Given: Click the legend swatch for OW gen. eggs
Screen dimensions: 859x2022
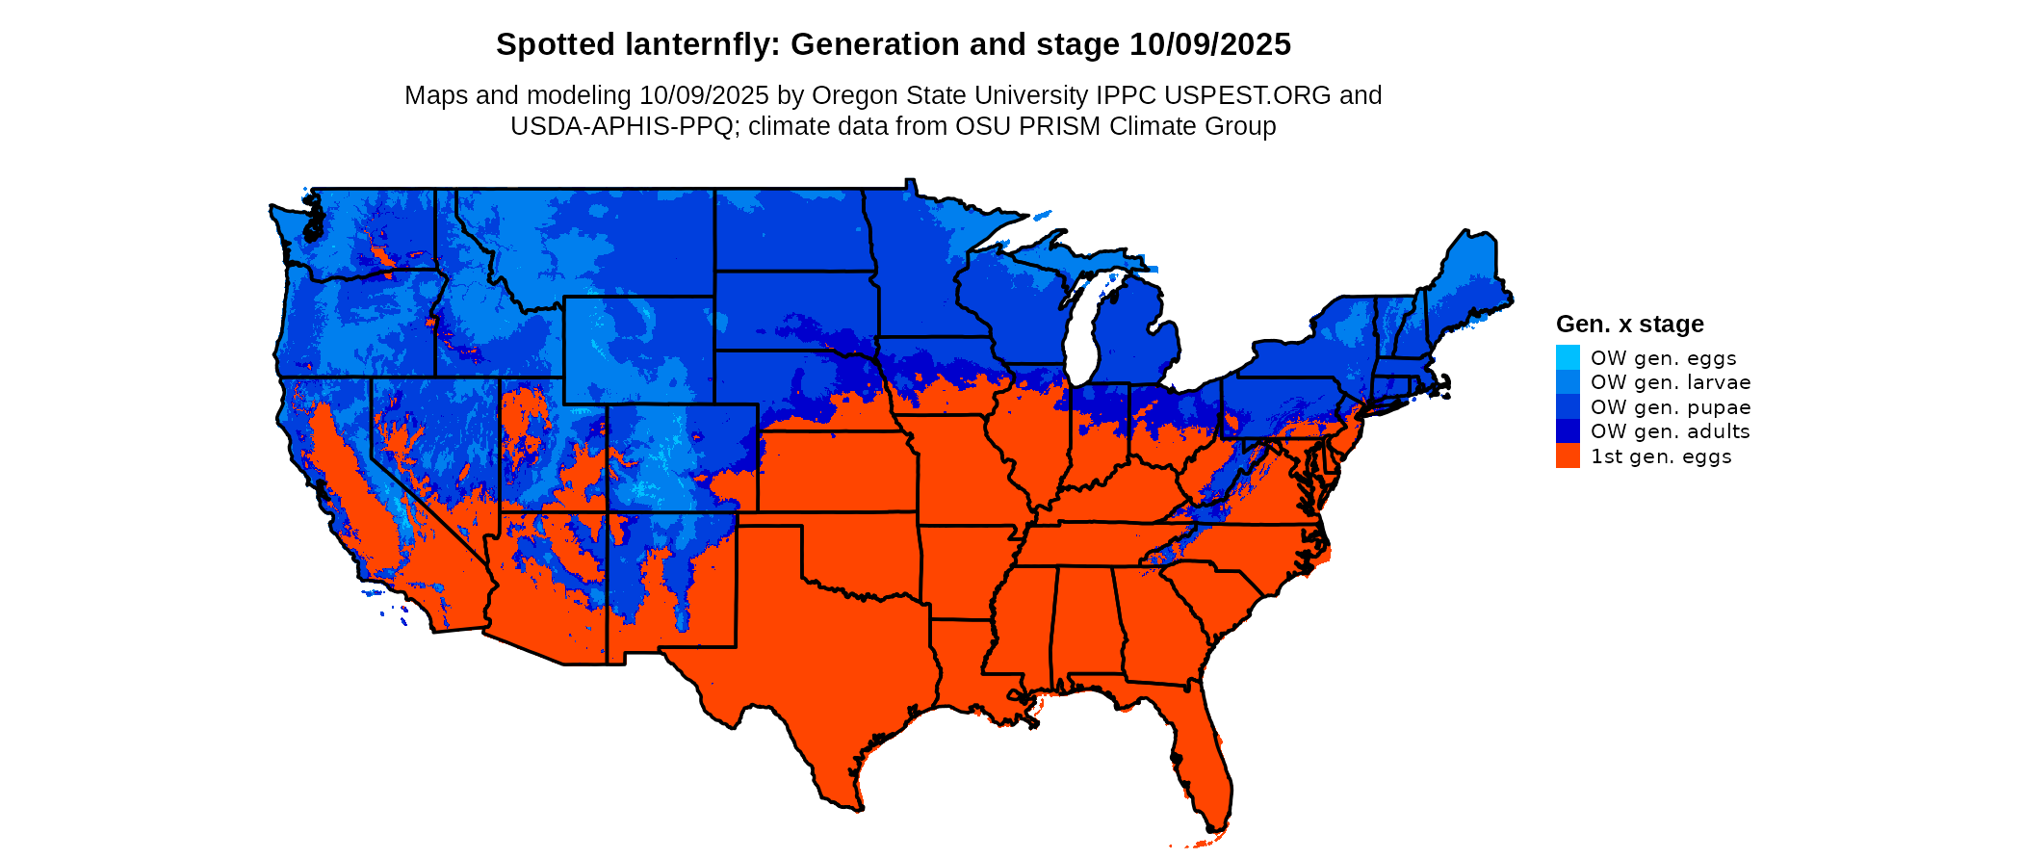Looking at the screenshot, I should click(x=1568, y=357).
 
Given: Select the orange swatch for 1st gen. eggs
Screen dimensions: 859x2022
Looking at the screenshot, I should click(x=1568, y=456).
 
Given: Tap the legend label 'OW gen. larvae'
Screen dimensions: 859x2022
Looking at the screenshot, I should click(x=1670, y=382).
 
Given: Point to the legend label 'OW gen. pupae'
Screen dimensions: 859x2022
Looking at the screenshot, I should click(x=1670, y=407).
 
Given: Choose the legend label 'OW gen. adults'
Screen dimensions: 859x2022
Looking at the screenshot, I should click(x=1670, y=431).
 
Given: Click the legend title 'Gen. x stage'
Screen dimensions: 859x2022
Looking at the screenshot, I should click(x=1629, y=324).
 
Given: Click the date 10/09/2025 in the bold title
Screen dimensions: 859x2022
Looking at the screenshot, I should click(x=1209, y=44).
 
